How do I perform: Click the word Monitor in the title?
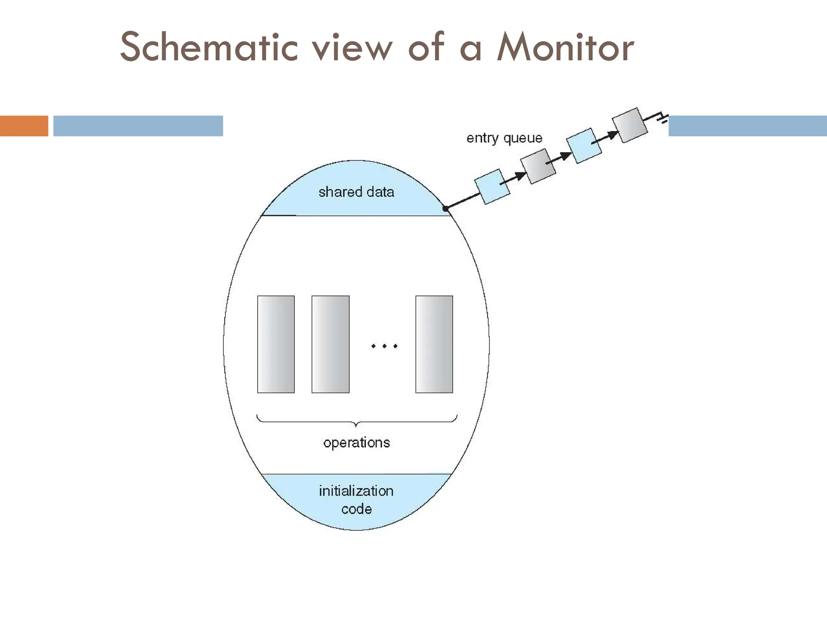565,48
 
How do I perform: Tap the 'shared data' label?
356,192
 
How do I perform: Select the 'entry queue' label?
504,138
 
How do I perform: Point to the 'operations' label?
357,443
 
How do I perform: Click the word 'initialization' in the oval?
356,491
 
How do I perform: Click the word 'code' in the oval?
356,509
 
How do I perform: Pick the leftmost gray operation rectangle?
276,344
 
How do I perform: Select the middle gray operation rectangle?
330,344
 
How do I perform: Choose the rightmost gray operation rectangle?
434,344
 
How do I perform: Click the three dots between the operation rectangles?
384,346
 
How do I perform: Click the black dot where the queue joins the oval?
445,209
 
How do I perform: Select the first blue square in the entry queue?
491,186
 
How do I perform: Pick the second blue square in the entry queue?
584,146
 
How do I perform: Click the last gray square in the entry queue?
630,125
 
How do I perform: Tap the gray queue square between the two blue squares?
538,166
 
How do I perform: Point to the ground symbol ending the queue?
662,118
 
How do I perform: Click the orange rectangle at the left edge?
24,126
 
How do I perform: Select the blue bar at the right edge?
747,126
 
